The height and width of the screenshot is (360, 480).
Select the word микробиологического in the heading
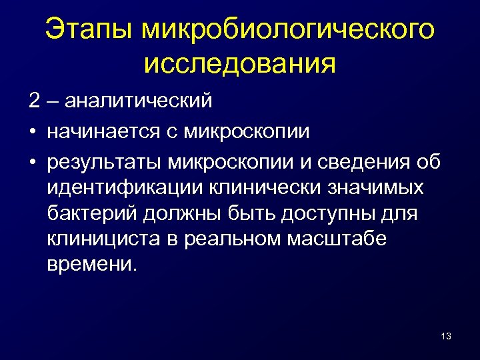coord(289,29)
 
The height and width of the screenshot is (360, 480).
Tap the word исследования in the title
coord(239,63)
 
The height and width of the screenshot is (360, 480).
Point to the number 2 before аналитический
coord(34,101)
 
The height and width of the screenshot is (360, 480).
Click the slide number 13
coord(446,336)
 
